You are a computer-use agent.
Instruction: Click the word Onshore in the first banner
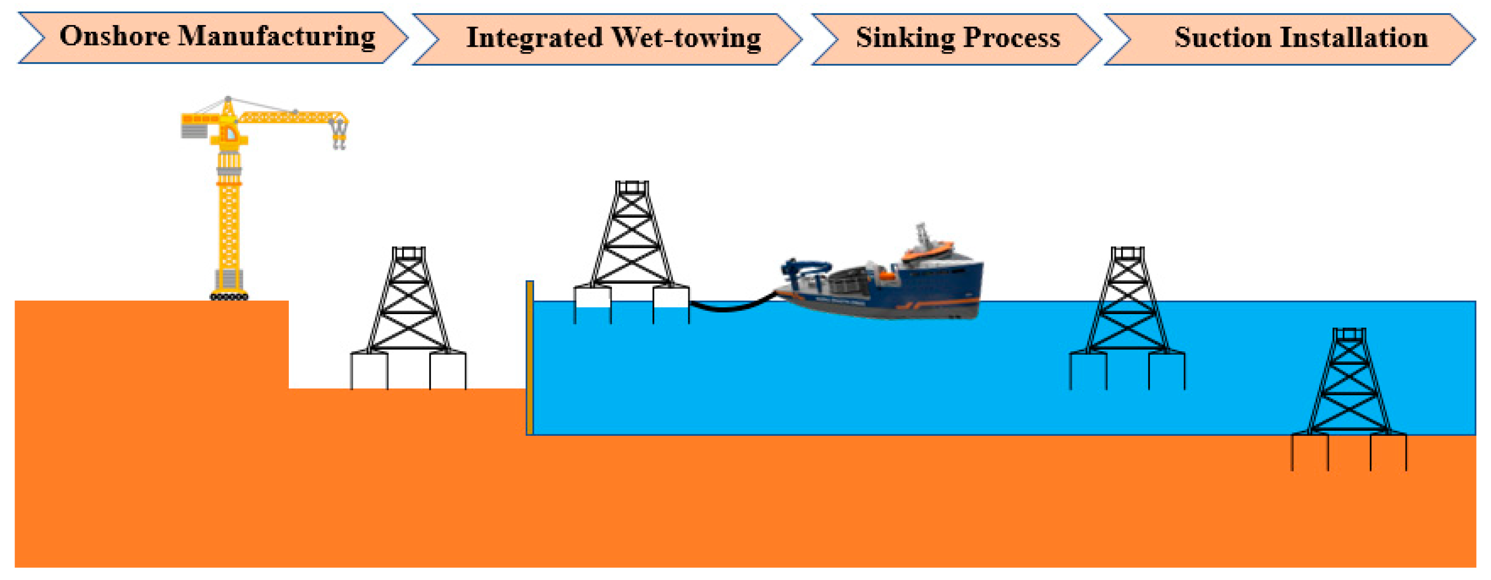pos(114,36)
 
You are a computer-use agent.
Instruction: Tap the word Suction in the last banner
pos(1222,38)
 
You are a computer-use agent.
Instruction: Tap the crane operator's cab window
pos(230,134)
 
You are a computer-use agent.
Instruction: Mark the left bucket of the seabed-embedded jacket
pos(1310,452)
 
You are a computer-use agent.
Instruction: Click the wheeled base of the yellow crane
pos(229,297)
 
